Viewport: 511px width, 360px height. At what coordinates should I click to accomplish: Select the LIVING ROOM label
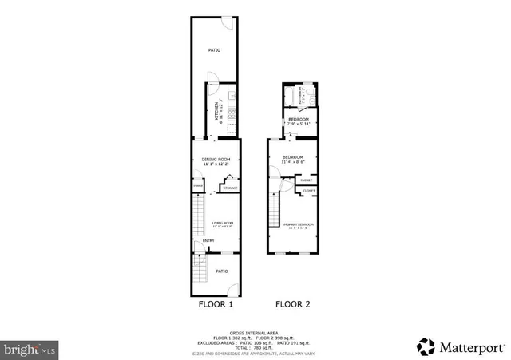pos(222,223)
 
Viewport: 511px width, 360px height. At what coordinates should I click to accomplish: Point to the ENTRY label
pos(208,241)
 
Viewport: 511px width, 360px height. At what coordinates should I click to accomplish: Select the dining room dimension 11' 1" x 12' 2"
pos(215,164)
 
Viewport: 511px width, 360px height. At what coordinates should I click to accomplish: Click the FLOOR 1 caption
pos(216,304)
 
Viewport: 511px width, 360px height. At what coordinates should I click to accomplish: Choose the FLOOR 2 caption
pos(293,304)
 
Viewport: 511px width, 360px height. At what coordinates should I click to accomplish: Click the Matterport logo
pos(461,347)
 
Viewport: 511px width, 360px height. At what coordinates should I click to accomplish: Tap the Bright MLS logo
pos(30,349)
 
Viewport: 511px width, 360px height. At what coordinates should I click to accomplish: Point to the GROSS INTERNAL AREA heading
pos(255,331)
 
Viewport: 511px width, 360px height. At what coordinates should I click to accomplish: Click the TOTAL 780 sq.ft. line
pos(255,348)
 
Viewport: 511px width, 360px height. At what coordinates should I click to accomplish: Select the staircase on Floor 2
pos(274,212)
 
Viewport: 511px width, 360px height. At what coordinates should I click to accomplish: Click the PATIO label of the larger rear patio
pos(214,50)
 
